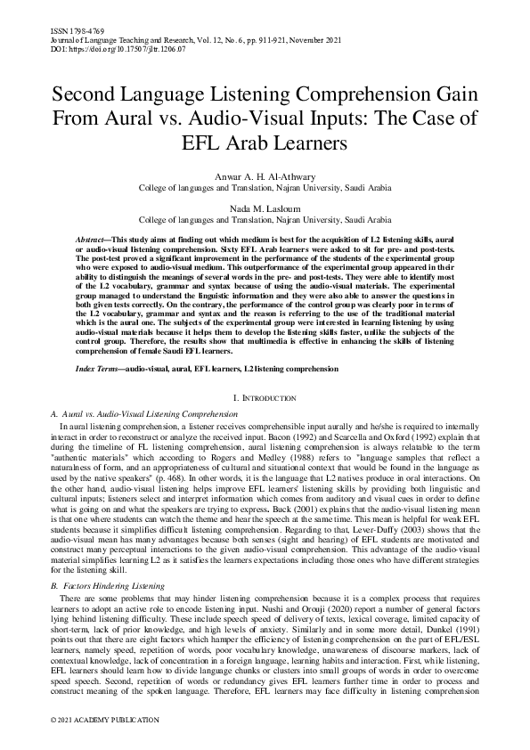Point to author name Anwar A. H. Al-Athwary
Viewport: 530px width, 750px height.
pos(265,176)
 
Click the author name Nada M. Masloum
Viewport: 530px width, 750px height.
pos(265,206)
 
